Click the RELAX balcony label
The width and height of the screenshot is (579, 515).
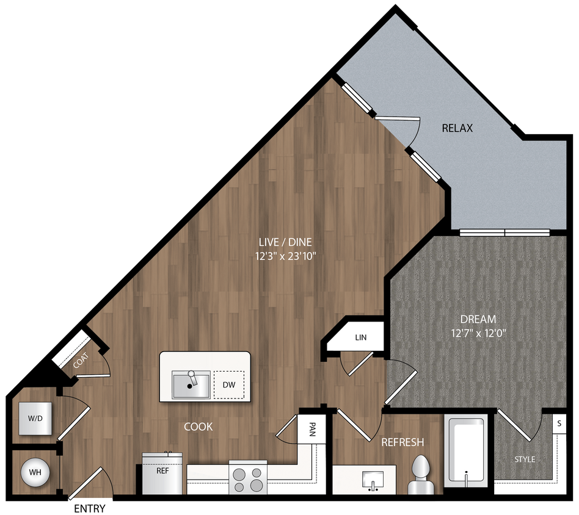(x=457, y=128)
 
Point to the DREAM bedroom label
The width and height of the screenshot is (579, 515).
(x=478, y=319)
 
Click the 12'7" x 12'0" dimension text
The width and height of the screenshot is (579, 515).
(x=478, y=333)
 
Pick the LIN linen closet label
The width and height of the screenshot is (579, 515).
(x=361, y=337)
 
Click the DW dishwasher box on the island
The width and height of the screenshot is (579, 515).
(x=229, y=384)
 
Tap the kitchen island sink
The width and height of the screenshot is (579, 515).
(x=191, y=384)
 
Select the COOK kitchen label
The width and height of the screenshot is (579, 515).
(x=198, y=427)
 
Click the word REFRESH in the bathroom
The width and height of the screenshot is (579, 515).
(x=402, y=442)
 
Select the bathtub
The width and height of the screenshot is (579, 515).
(x=466, y=451)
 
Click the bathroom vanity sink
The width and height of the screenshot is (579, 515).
(x=371, y=478)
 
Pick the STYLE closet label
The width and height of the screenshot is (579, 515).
(x=524, y=459)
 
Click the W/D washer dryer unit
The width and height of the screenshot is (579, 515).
(x=35, y=419)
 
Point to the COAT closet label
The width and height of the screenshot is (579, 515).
(x=81, y=361)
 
